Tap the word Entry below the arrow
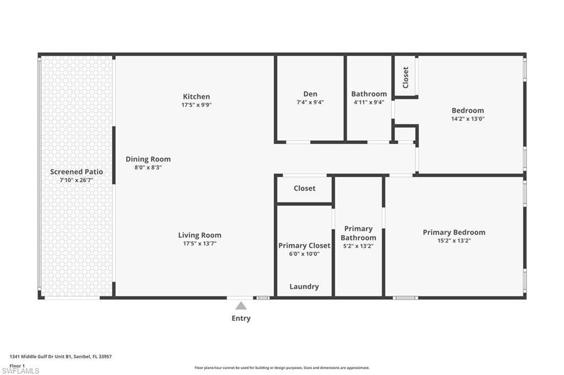click(241, 318)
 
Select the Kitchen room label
click(197, 96)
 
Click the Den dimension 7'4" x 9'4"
click(310, 102)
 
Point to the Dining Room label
click(148, 159)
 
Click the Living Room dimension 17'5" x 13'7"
click(199, 243)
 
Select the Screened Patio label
click(77, 172)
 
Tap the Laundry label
click(304, 286)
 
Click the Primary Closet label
click(304, 245)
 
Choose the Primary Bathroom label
click(358, 233)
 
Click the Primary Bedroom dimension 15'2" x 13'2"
click(454, 240)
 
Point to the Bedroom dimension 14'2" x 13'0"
click(468, 118)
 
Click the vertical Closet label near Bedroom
click(406, 78)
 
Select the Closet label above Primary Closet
click(305, 188)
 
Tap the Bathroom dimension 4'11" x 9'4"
click(369, 102)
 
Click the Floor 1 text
click(17, 365)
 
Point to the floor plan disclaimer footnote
click(281, 368)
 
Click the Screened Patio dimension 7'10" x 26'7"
click(77, 180)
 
